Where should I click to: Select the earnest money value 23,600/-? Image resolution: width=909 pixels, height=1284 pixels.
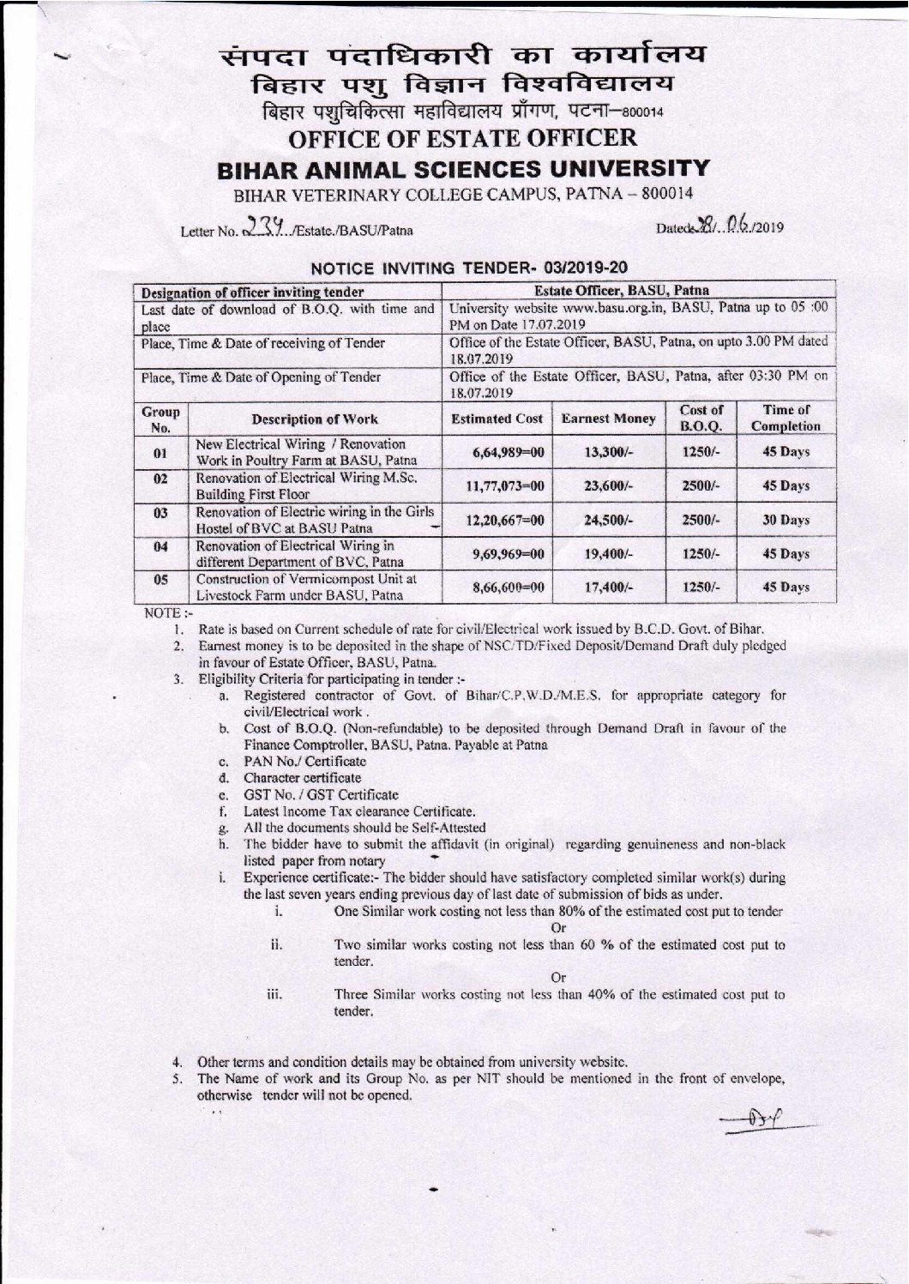pyautogui.click(x=609, y=485)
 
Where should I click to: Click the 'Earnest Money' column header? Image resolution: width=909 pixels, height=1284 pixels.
pyautogui.click(x=609, y=419)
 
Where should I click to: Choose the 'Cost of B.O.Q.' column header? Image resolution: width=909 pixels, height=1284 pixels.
pyautogui.click(x=701, y=418)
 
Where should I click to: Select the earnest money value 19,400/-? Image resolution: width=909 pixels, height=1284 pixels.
pyautogui.click(x=609, y=554)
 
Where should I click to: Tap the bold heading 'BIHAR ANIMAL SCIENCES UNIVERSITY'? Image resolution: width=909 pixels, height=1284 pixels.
pyautogui.click(x=463, y=168)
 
